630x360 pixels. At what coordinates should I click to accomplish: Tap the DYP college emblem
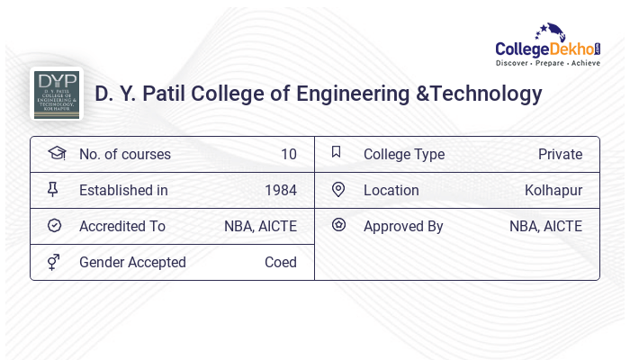click(57, 94)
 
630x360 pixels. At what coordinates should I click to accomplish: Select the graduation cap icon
click(57, 154)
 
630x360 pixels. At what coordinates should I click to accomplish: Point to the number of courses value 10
click(288, 154)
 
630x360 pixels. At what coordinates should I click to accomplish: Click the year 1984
click(280, 190)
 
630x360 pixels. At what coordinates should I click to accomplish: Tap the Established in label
click(123, 190)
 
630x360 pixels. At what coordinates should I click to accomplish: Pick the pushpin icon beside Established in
click(53, 189)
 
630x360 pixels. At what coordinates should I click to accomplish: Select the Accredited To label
click(122, 226)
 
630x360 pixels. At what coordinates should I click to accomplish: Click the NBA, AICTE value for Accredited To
click(260, 226)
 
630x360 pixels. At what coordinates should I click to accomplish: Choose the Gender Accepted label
click(132, 262)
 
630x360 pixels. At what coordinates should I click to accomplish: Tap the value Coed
click(280, 262)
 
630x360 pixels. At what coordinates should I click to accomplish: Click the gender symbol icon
click(53, 262)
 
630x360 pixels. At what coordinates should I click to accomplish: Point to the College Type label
click(404, 154)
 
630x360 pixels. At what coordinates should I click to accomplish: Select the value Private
click(560, 154)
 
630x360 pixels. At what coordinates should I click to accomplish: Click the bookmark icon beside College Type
click(337, 152)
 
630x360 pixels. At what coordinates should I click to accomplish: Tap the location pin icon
click(338, 189)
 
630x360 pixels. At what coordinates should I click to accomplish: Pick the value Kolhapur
click(553, 190)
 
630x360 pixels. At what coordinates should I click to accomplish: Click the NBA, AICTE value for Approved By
click(545, 226)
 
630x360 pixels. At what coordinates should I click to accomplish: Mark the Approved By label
click(403, 226)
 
